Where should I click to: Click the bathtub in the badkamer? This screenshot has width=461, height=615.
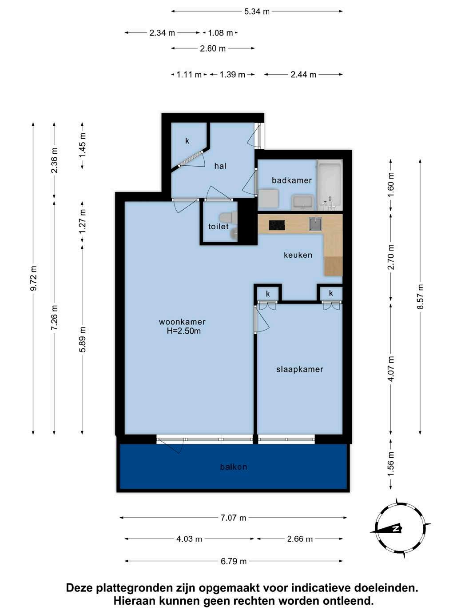pos(330,185)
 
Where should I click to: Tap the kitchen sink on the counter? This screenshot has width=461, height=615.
pos(315,224)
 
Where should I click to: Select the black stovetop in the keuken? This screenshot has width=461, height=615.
pos(277,225)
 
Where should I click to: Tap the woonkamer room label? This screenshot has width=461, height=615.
pos(182,322)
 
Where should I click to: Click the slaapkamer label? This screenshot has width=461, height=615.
pos(299,369)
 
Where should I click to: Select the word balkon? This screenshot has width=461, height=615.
pos(234,467)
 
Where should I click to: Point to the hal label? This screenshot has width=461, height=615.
pos(220,166)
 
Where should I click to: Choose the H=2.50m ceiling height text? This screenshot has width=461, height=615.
pos(183,331)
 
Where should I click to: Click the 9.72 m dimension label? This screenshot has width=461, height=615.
pos(33,278)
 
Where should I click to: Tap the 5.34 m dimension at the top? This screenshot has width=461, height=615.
pos(257,12)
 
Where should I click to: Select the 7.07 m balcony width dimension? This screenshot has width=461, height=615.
pos(233,518)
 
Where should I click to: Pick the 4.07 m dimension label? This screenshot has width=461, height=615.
pos(391,368)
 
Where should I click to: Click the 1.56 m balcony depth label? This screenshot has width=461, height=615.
pos(391,464)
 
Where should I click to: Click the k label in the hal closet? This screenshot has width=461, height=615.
pos(187,141)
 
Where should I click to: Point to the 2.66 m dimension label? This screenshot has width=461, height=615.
pos(300,539)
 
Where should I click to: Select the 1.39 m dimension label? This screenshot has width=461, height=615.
pos(232,75)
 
